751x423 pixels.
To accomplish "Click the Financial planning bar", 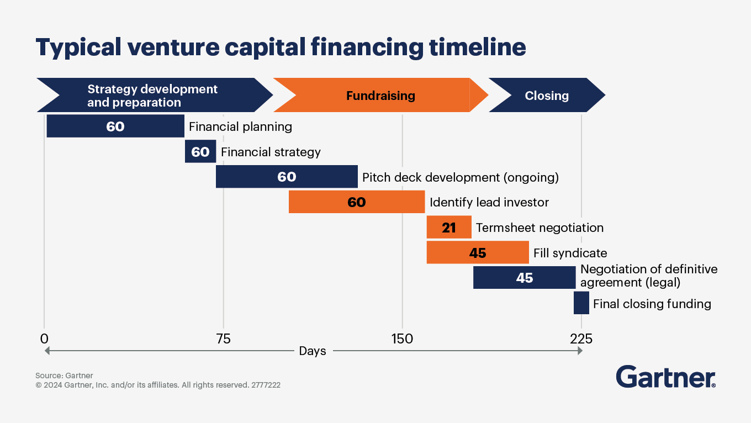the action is pyautogui.click(x=115, y=126).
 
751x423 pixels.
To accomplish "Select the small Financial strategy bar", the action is pyautogui.click(x=200, y=151).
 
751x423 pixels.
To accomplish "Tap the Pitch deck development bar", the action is pyautogui.click(x=287, y=177).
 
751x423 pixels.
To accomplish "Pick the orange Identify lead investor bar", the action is pyautogui.click(x=357, y=202).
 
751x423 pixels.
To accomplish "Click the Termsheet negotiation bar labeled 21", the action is pyautogui.click(x=449, y=228).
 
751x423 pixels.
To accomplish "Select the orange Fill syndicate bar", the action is pyautogui.click(x=478, y=252).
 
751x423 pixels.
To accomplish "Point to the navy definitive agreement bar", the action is pyautogui.click(x=525, y=278).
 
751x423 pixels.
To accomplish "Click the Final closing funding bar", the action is pyautogui.click(x=581, y=303).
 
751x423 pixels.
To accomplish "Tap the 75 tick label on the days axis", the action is pyautogui.click(x=223, y=339).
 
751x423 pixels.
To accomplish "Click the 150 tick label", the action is pyautogui.click(x=402, y=339).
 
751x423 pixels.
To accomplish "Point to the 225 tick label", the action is pyautogui.click(x=581, y=339).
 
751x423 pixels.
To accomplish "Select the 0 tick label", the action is pyautogui.click(x=44, y=339).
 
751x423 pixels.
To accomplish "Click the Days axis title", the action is pyautogui.click(x=313, y=351).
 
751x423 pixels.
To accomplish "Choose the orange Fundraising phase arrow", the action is pyautogui.click(x=380, y=95).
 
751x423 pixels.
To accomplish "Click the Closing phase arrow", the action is pyautogui.click(x=547, y=95).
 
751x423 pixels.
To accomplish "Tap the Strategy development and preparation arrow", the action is pyautogui.click(x=154, y=95).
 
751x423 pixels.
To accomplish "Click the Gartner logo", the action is pyautogui.click(x=666, y=377).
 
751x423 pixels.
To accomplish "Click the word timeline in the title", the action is pyautogui.click(x=478, y=47).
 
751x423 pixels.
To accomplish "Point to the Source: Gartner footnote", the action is pyautogui.click(x=64, y=376).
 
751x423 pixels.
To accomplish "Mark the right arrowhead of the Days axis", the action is pyautogui.click(x=580, y=351).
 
